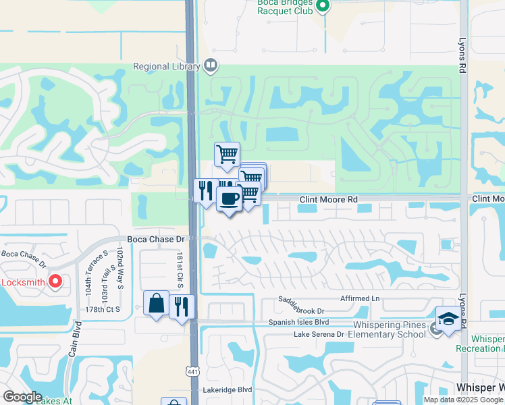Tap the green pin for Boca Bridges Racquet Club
[x=323, y=7]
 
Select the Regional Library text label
[x=167, y=66]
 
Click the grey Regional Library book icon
[x=211, y=65]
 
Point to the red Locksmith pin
[x=55, y=281]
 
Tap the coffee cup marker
[x=229, y=198]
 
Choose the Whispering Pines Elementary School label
[x=388, y=329]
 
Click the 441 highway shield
[x=192, y=371]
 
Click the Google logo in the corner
[x=22, y=397]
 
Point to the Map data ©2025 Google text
[x=462, y=400]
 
